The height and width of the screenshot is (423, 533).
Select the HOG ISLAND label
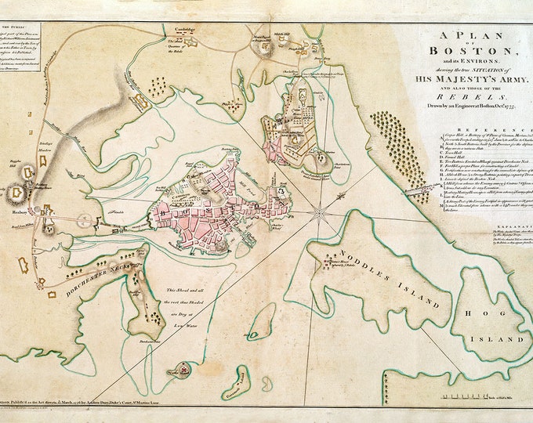491,339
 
